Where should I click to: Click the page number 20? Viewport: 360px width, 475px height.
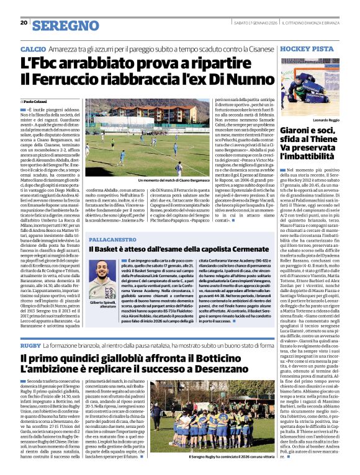(x=24, y=23)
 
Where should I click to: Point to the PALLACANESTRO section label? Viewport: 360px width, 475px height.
(x=114, y=238)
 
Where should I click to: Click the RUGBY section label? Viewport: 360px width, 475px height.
(x=30, y=345)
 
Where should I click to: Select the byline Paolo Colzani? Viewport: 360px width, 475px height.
(x=37, y=100)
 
